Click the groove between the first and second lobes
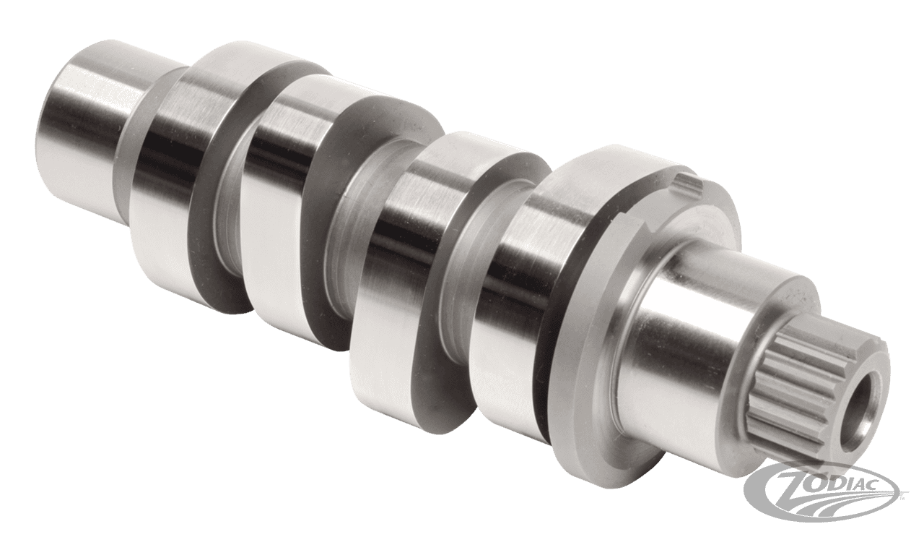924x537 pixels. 227,217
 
